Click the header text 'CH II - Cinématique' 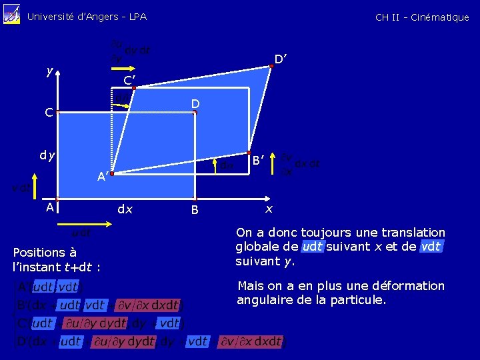(x=422, y=17)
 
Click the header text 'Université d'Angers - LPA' (x=87, y=17)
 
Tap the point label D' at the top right (x=281, y=60)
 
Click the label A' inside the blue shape (x=103, y=177)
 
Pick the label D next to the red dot (x=195, y=104)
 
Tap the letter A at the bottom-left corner (x=49, y=207)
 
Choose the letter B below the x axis (x=195, y=211)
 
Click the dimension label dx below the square (x=125, y=209)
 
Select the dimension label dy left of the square (x=47, y=157)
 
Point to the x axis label (x=269, y=209)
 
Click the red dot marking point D (x=195, y=113)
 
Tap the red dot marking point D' (x=271, y=65)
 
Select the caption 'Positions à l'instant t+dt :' (x=57, y=260)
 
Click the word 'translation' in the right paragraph (x=411, y=233)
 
